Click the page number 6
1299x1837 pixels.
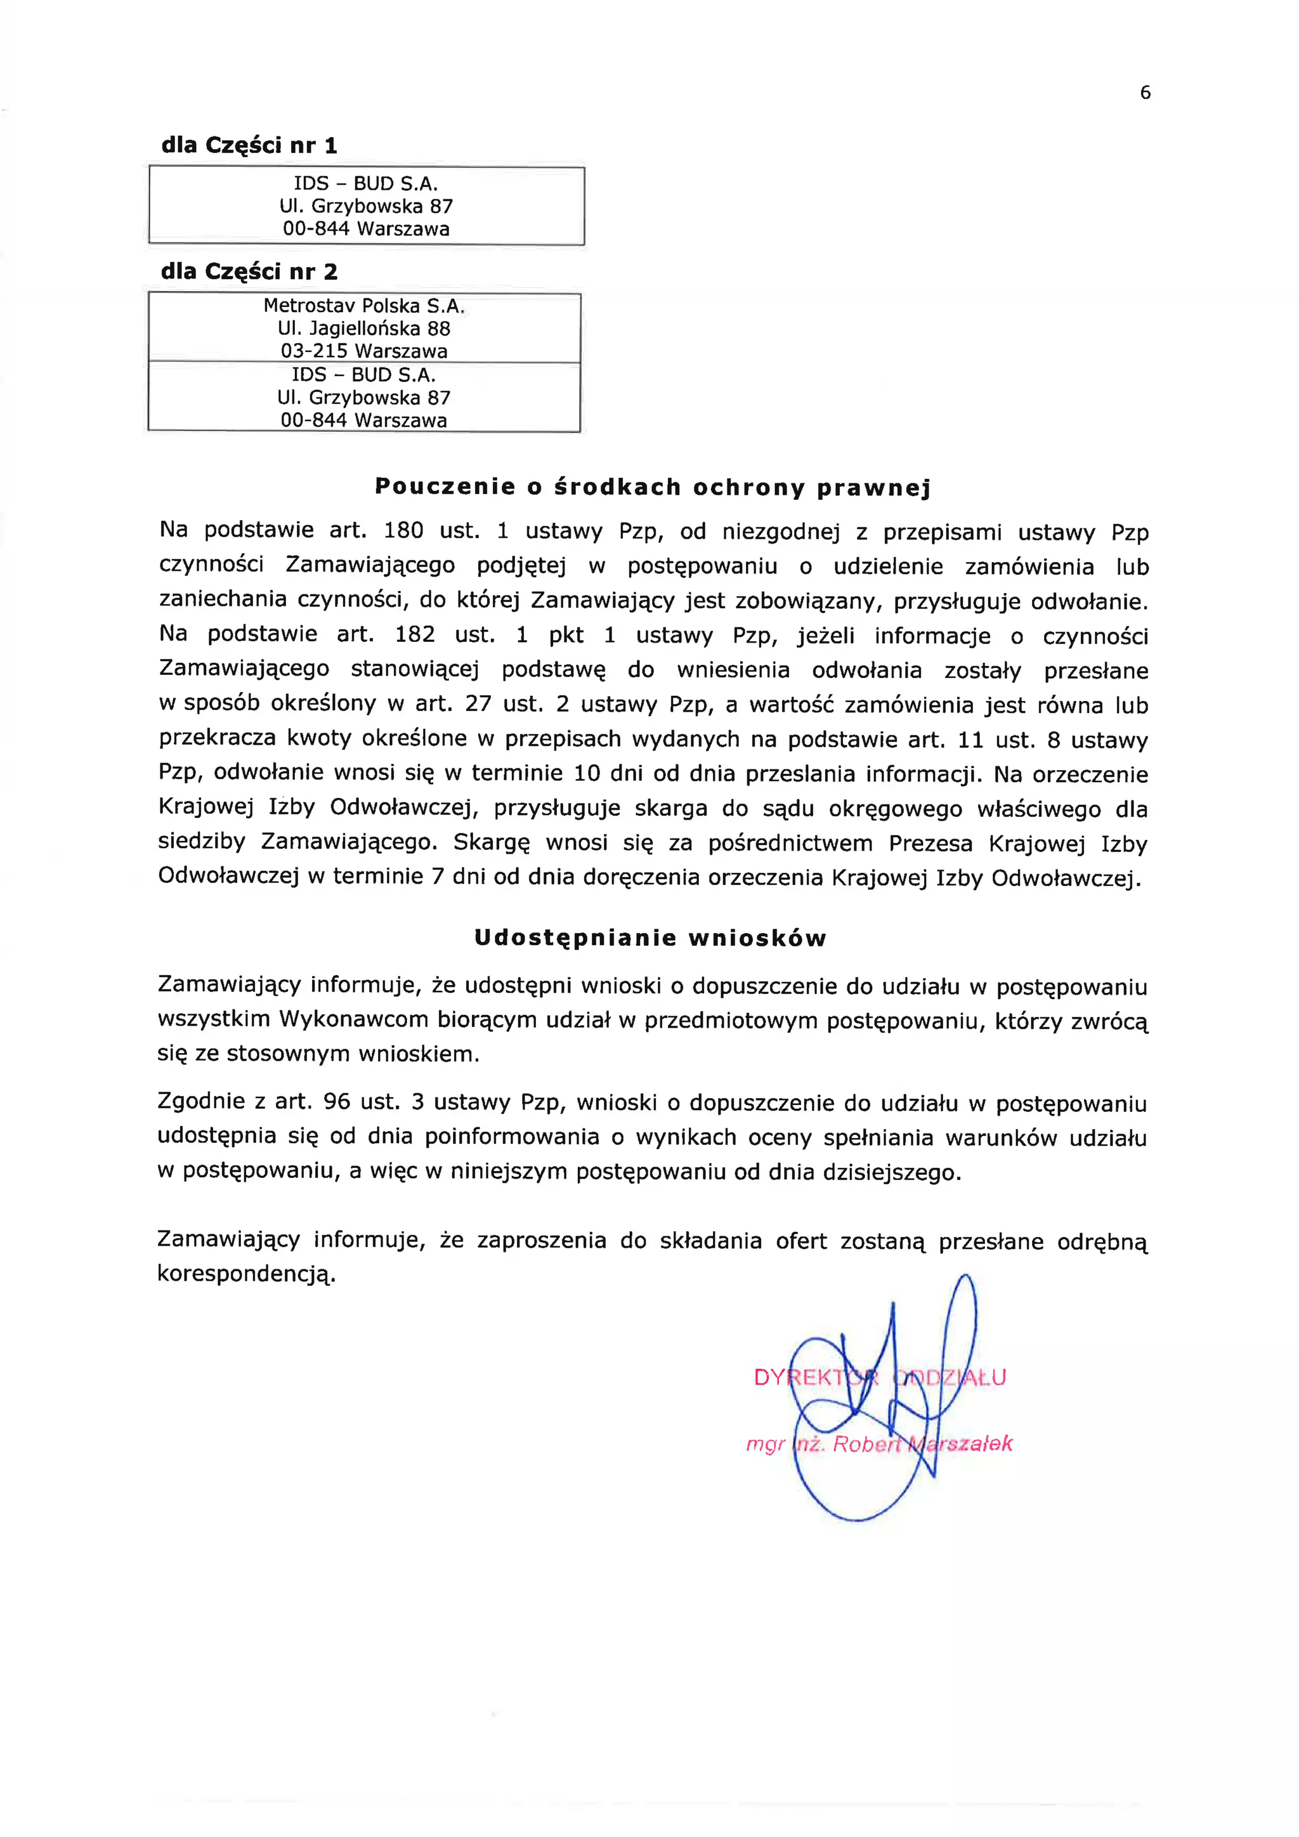click(1145, 93)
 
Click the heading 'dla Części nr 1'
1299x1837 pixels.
click(249, 146)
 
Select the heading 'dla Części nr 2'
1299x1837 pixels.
click(249, 272)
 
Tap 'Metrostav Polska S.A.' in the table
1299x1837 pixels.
click(364, 306)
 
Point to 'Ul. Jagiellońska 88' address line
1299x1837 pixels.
click(364, 328)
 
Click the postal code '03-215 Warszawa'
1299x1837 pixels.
click(364, 350)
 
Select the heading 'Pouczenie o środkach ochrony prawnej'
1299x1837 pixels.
click(653, 487)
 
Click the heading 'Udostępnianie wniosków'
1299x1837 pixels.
click(649, 938)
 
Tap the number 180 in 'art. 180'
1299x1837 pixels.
click(403, 530)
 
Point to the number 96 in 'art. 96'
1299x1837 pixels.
click(337, 1102)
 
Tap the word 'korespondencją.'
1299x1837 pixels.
click(246, 1274)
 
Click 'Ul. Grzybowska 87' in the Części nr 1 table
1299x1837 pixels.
click(367, 206)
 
